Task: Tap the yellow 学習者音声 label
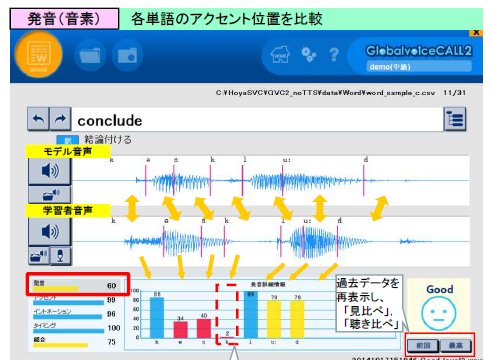tap(63, 210)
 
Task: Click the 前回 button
tap(424, 344)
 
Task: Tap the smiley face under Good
tap(437, 312)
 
